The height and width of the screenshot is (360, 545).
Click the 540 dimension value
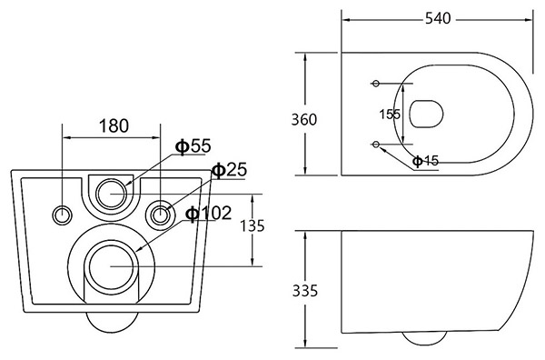point(438,18)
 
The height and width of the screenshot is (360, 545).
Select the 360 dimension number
point(304,120)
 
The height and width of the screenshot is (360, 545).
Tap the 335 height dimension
point(305,291)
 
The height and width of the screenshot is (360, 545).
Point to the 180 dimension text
point(114,126)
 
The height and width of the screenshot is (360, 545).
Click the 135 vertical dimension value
point(253,226)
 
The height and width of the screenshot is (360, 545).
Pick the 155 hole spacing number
point(390,114)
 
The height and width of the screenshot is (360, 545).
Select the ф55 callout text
point(193,146)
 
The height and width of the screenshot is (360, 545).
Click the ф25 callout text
point(230,170)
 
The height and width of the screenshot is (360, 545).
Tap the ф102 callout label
point(209,214)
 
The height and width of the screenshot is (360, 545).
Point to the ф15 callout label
point(426,161)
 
